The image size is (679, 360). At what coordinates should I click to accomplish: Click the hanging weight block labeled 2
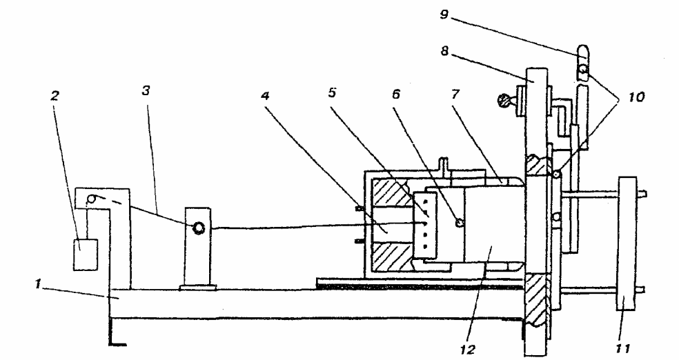click(86, 252)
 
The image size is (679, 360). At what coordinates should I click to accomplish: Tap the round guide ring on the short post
click(199, 227)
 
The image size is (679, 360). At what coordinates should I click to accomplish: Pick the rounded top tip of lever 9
click(582, 51)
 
